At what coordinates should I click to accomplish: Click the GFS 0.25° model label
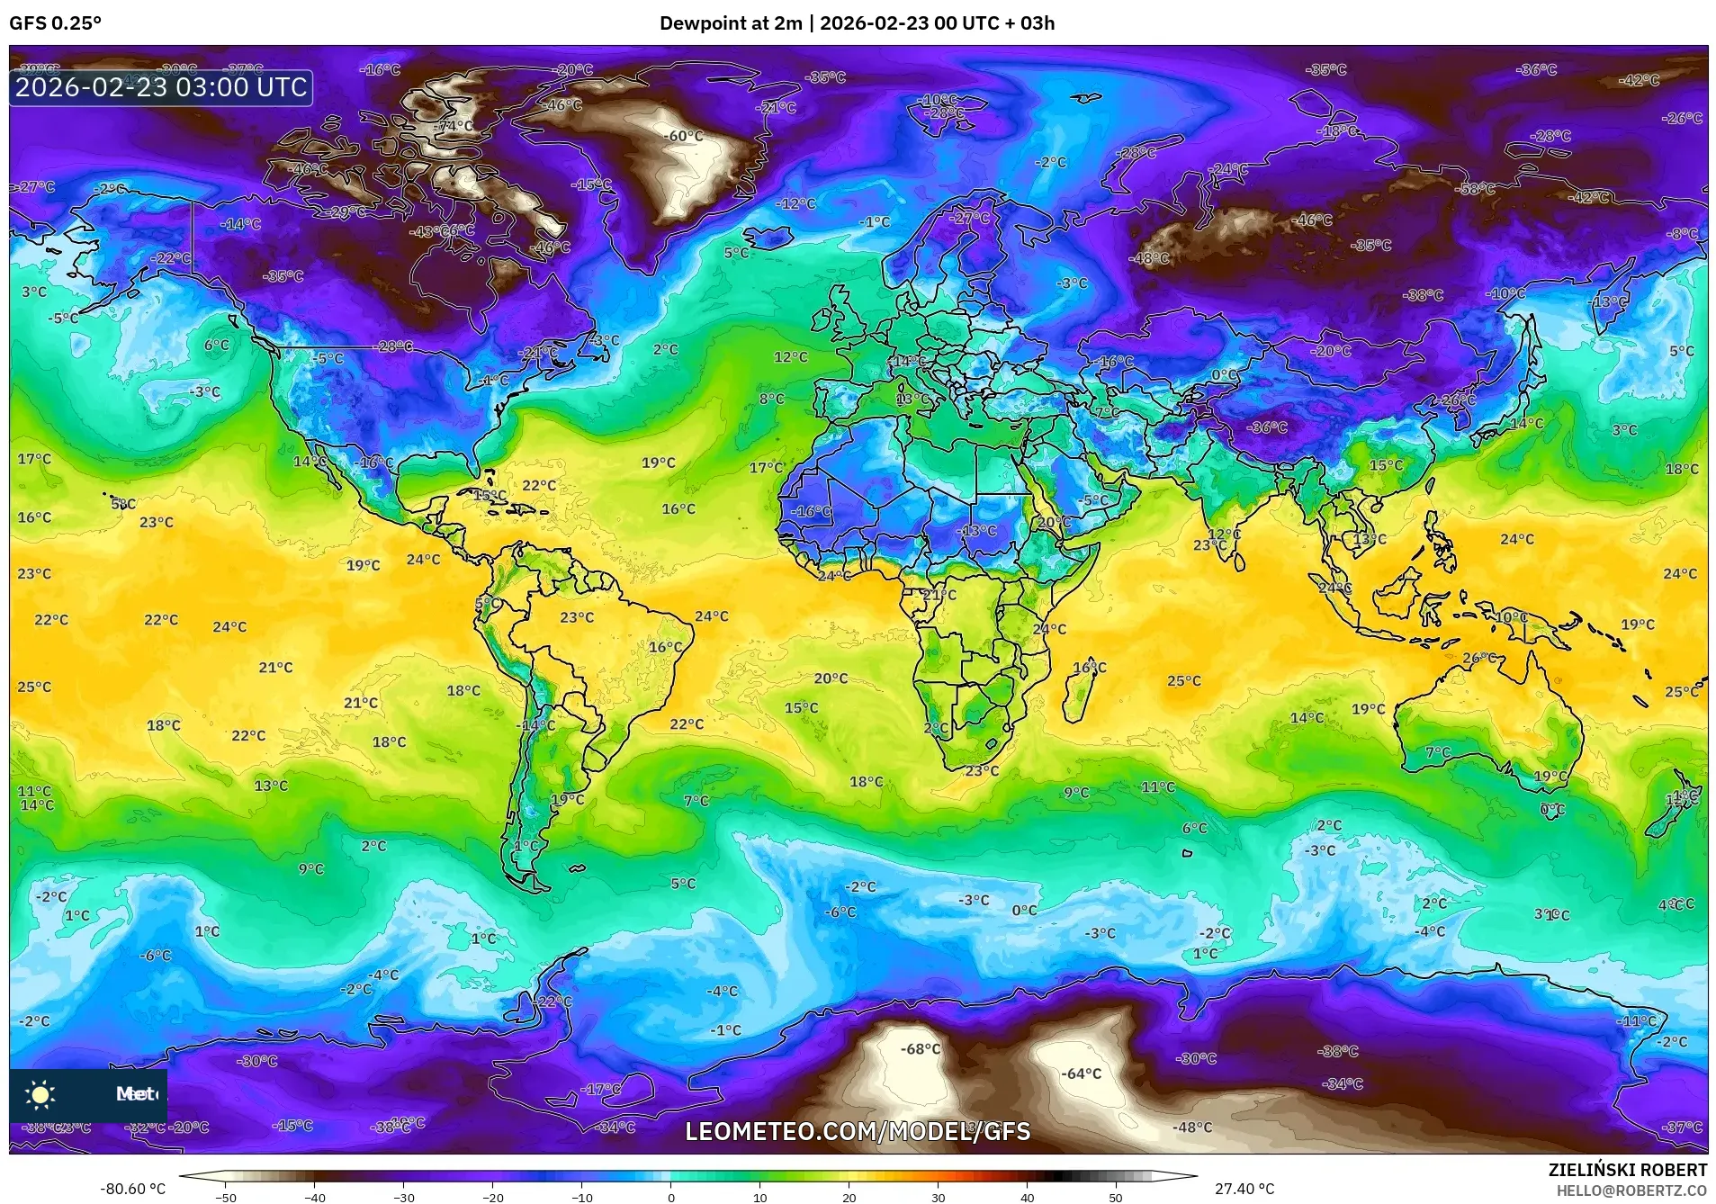[x=56, y=23]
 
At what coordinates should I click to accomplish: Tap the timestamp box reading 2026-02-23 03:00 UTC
[x=161, y=87]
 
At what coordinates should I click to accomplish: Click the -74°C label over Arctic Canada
[x=455, y=126]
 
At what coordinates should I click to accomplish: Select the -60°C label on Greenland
[x=684, y=136]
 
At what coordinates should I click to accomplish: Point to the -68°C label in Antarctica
[x=921, y=1049]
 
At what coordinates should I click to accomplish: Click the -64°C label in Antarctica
[x=1081, y=1074]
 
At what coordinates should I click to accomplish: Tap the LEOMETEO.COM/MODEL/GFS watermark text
[x=858, y=1131]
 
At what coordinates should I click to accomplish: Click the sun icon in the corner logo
[x=40, y=1094]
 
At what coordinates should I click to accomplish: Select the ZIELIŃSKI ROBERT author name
[x=1627, y=1170]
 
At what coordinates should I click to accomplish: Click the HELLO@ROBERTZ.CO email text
[x=1631, y=1190]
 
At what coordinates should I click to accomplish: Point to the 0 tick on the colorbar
[x=671, y=1197]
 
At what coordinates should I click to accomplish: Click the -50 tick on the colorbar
[x=226, y=1197]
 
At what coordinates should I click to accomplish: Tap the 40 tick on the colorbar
[x=1027, y=1197]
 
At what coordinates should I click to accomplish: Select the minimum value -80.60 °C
[x=133, y=1189]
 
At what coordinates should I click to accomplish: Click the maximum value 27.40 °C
[x=1244, y=1189]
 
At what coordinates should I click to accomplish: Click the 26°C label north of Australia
[x=1478, y=658]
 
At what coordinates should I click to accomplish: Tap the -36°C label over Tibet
[x=1269, y=427]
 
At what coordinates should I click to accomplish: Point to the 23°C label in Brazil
[x=577, y=617]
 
